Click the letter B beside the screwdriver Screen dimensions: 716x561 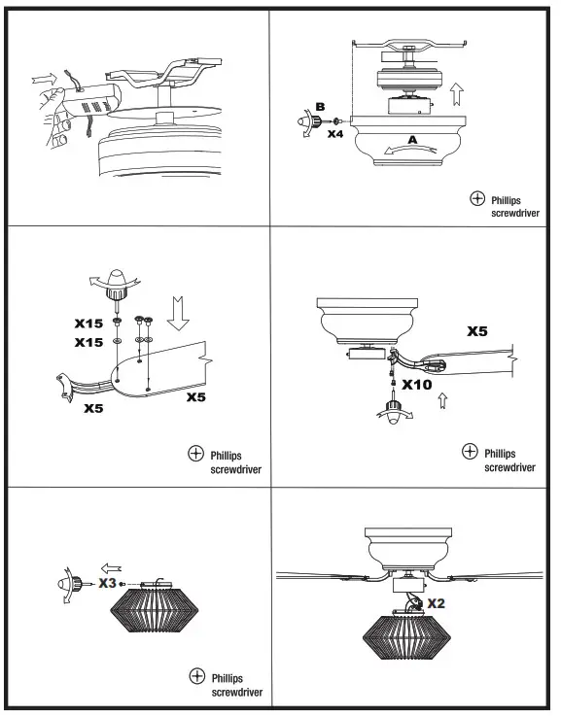(x=317, y=107)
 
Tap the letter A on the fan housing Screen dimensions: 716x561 (x=410, y=140)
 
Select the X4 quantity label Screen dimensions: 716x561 (x=335, y=133)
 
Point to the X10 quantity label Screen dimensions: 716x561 (x=416, y=384)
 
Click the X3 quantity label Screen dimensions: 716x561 (x=108, y=582)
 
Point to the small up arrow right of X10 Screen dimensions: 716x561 (x=444, y=399)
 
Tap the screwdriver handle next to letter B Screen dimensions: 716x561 (x=302, y=124)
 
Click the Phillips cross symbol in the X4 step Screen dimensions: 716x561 (x=477, y=198)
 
